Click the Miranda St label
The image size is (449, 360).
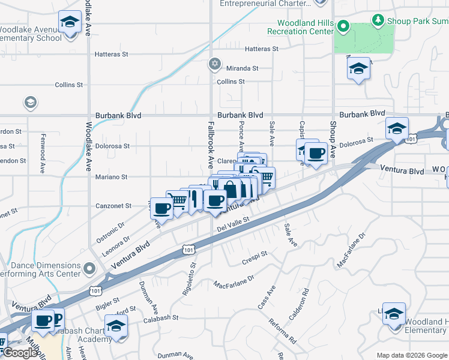[242, 68]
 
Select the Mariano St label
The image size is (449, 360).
[112, 177]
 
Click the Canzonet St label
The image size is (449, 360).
[113, 206]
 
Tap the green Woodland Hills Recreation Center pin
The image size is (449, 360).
[343, 26]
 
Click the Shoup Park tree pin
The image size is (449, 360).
[378, 21]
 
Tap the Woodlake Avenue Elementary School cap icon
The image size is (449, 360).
[70, 22]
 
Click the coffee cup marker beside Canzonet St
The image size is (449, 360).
[161, 208]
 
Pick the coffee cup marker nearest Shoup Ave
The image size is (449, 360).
[316, 152]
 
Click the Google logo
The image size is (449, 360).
[20, 353]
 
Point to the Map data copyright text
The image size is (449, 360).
[412, 355]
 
